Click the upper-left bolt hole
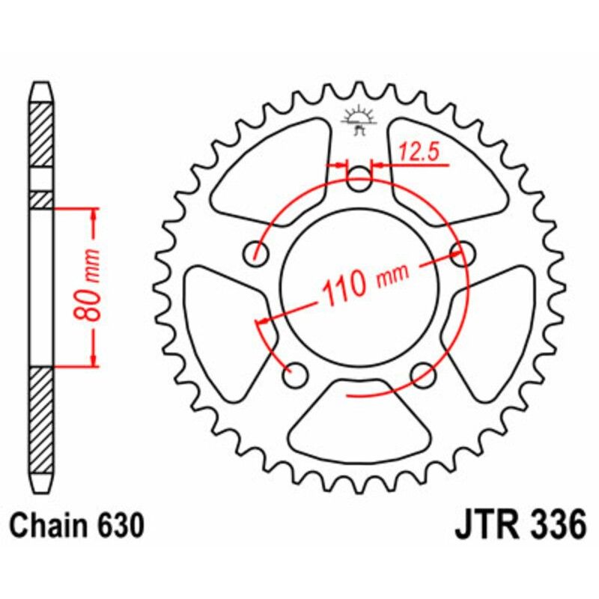(x=258, y=253)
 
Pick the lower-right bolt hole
(x=424, y=372)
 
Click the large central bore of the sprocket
(x=360, y=285)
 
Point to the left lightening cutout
(x=221, y=322)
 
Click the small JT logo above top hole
(x=359, y=120)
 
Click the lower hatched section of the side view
(x=42, y=419)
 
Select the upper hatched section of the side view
(x=42, y=135)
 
